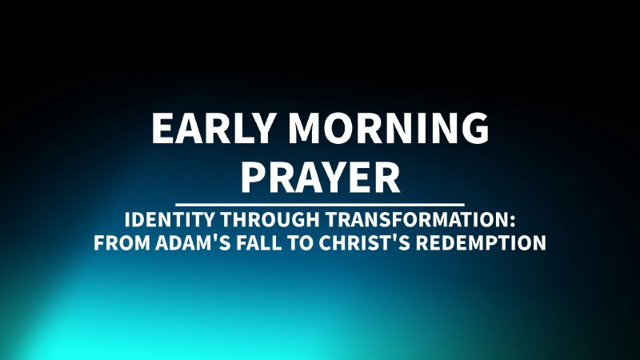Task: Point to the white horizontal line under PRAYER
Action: coord(320,204)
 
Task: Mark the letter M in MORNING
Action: coord(307,130)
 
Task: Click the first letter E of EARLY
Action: coord(162,130)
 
